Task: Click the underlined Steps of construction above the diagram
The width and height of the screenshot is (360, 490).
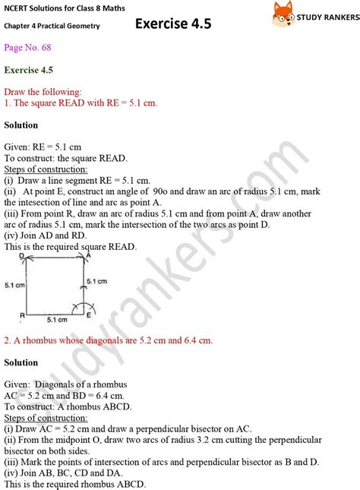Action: pyautogui.click(x=46, y=169)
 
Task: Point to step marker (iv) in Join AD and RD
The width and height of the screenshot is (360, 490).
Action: pyautogui.click(x=11, y=236)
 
